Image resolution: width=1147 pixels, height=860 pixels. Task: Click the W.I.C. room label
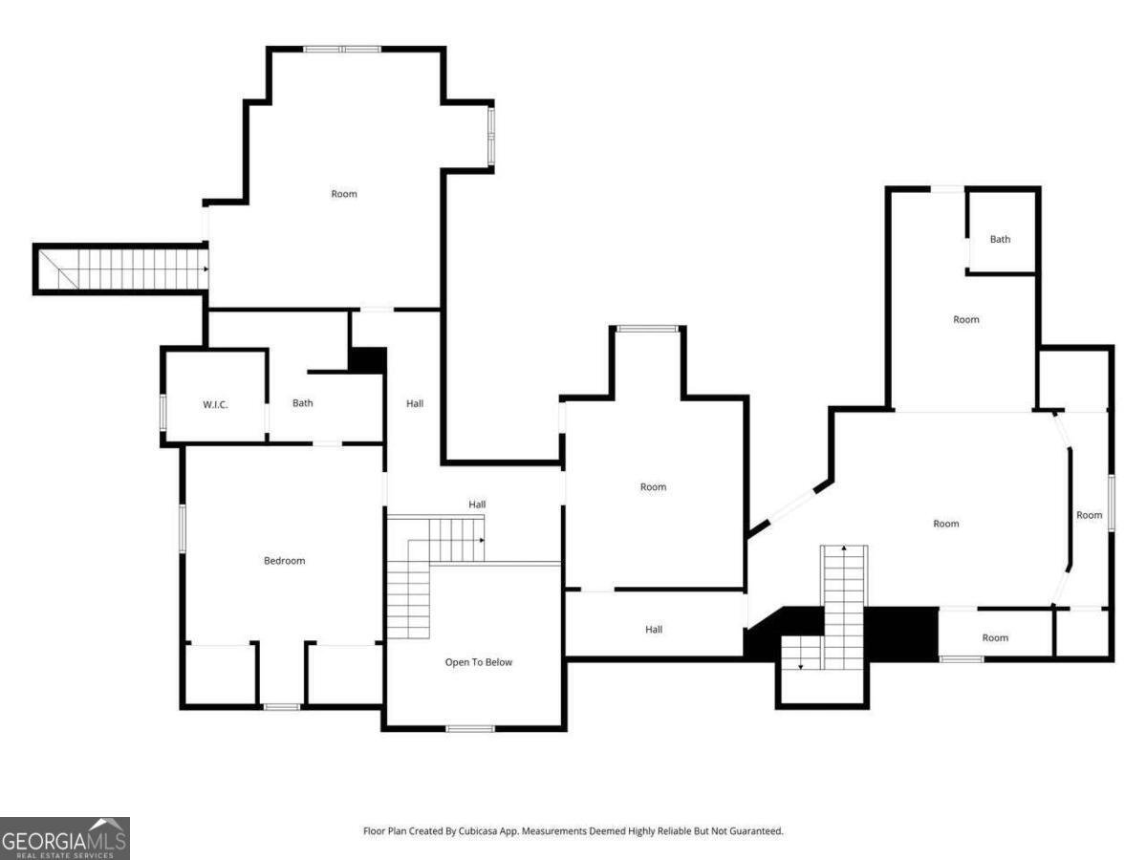(215, 404)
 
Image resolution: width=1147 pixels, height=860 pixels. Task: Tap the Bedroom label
(284, 561)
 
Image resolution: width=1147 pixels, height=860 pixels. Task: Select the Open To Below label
(478, 662)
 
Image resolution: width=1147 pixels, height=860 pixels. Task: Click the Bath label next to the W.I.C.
(303, 403)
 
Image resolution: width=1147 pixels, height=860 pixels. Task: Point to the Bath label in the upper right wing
(1000, 239)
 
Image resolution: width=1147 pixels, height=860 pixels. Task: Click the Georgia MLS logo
(65, 838)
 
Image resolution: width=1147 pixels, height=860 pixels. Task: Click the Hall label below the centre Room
(654, 629)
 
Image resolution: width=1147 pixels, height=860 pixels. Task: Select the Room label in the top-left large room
(344, 194)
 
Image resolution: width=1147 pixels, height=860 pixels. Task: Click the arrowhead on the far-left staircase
(206, 269)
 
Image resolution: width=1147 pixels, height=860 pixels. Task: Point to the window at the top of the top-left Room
(342, 50)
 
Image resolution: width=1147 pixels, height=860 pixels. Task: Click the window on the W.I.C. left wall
(163, 413)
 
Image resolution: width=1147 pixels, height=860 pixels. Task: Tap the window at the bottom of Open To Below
(469, 728)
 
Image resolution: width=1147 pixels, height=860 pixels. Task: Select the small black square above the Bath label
(368, 360)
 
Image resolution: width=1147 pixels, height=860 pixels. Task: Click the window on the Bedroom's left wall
(183, 527)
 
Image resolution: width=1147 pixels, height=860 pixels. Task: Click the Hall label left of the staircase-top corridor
(415, 403)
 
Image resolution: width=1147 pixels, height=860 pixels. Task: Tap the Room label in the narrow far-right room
(1089, 515)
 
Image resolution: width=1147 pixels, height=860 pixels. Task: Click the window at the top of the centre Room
(647, 329)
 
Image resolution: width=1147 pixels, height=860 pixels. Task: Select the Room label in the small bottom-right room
(995, 637)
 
